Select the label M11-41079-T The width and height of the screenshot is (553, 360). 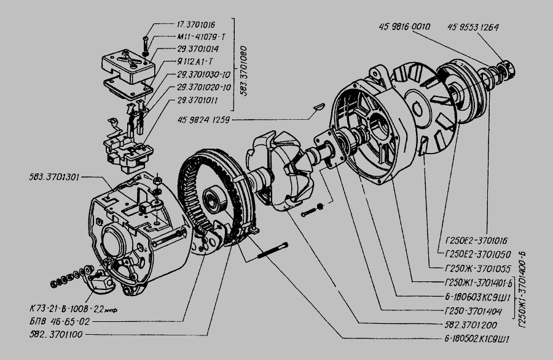coord(192,37)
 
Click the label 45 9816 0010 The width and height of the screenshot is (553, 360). coord(406,26)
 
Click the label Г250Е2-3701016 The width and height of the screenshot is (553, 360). coord(468,240)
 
